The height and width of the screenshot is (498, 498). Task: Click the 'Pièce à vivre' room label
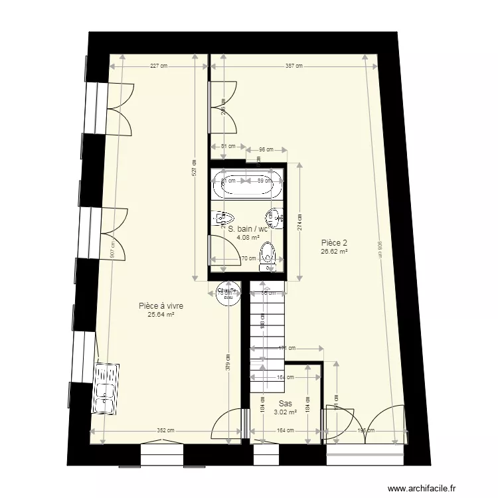161,306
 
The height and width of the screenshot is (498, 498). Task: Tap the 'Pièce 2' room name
334,243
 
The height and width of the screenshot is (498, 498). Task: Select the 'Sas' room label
286,403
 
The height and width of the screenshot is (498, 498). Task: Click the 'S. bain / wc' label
247,229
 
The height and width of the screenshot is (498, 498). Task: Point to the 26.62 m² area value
334,252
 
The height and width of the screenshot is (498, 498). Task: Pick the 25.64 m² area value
161,315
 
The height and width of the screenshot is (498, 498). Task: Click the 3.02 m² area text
286,412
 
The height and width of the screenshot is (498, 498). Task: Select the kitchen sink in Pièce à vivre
106,388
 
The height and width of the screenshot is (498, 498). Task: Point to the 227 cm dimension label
159,66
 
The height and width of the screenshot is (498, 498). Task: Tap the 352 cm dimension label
165,430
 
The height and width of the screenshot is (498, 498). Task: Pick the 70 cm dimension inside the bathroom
248,259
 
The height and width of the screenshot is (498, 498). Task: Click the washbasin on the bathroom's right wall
274,216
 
